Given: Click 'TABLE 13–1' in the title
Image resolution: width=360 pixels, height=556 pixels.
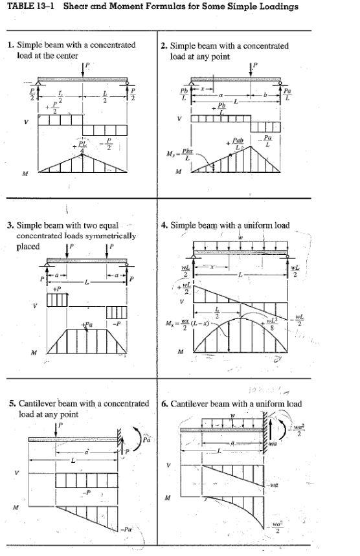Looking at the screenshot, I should click(x=28, y=7).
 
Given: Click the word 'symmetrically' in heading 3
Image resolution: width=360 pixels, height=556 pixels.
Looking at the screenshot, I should click(x=112, y=236).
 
